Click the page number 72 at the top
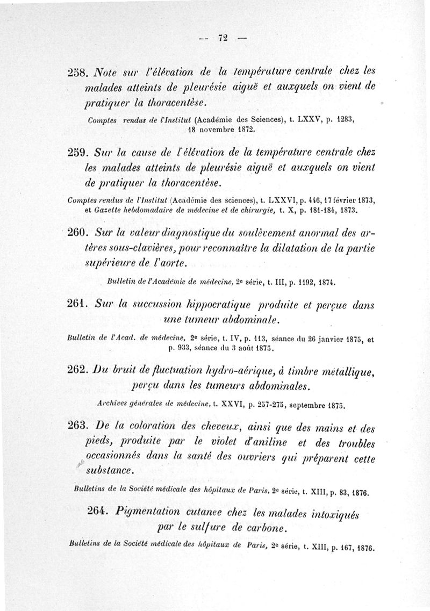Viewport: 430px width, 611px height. [x=223, y=37]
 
